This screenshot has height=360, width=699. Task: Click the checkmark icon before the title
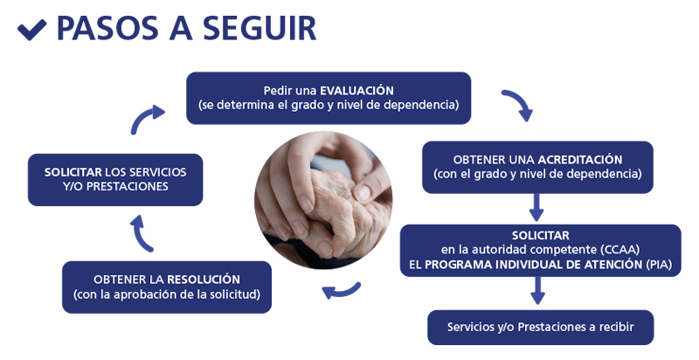pyautogui.click(x=31, y=30)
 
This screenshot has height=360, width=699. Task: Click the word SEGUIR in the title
pyautogui.click(x=260, y=28)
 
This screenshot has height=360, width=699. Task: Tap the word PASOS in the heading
pyautogui.click(x=107, y=28)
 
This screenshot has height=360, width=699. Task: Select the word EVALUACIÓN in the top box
pyautogui.click(x=357, y=91)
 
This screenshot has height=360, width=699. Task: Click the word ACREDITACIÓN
pyautogui.click(x=580, y=160)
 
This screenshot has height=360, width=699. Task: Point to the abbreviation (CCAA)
pyautogui.click(x=620, y=250)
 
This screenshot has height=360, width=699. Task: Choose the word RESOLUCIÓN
pyautogui.click(x=204, y=280)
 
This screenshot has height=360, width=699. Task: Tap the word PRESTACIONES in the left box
pyautogui.click(x=127, y=186)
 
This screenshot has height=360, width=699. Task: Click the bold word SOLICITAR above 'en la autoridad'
pyautogui.click(x=540, y=235)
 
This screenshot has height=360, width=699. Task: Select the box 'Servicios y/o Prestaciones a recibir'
pyautogui.click(x=540, y=327)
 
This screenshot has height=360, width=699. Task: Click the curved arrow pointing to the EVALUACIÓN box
pyautogui.click(x=145, y=117)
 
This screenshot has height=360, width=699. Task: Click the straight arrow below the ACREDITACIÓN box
pyautogui.click(x=536, y=207)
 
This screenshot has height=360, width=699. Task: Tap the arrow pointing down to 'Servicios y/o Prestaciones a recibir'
pyautogui.click(x=538, y=290)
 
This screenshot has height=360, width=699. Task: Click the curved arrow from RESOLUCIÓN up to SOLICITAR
pyautogui.click(x=140, y=234)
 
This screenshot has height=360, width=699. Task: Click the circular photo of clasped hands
pyautogui.click(x=323, y=200)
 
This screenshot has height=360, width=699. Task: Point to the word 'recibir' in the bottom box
pyautogui.click(x=617, y=327)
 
